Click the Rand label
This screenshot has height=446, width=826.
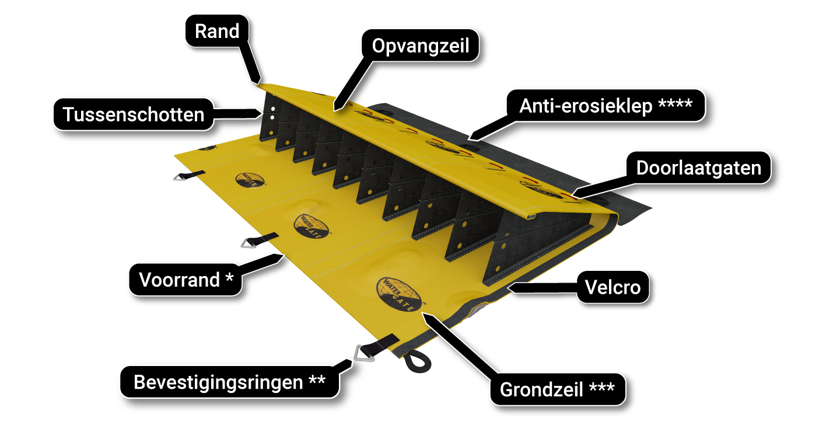tap(217, 31)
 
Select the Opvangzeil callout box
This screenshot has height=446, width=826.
tap(420, 46)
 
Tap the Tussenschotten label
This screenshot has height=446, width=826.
tap(134, 114)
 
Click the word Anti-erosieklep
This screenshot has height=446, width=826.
tap(586, 106)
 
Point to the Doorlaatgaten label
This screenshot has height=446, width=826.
tap(698, 168)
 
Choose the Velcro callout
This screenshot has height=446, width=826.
tap(613, 287)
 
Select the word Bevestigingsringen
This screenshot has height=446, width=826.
tap(218, 382)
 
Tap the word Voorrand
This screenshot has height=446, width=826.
tap(179, 280)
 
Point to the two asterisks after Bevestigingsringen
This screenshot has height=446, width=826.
tap(317, 381)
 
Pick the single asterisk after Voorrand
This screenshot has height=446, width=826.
tap(229, 279)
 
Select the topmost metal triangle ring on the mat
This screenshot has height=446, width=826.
tap(180, 176)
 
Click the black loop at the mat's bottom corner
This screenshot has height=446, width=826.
tap(419, 362)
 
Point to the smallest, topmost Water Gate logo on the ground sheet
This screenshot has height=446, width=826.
tap(249, 180)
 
